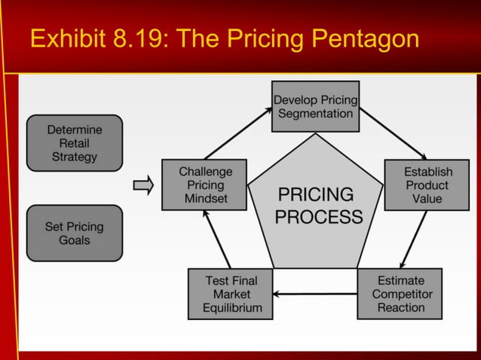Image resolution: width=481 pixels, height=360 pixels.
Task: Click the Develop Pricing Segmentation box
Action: (x=315, y=106)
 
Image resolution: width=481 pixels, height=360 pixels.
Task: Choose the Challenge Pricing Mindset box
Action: (x=205, y=185)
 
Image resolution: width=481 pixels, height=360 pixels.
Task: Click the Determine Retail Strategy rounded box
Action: (x=74, y=143)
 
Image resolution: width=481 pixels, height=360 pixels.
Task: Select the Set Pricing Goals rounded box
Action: (x=74, y=233)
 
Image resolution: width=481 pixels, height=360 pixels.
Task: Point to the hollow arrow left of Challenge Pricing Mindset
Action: (x=143, y=185)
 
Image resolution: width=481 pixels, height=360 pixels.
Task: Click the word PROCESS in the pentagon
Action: (x=318, y=218)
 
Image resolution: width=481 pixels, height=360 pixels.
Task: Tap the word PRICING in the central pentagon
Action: (x=316, y=194)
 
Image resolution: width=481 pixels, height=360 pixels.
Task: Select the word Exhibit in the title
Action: (x=67, y=38)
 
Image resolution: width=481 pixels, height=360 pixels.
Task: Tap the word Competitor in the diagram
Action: (x=402, y=294)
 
